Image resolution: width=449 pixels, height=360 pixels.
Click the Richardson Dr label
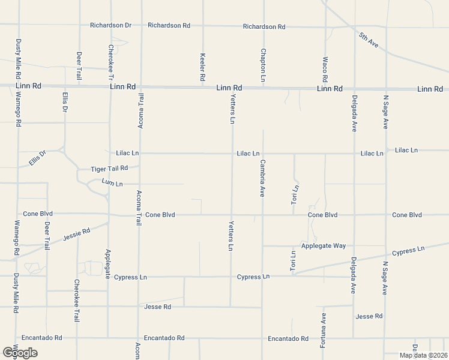coord(110,25)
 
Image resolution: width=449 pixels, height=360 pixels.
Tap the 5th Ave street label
coord(368,40)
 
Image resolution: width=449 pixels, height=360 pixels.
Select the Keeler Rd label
coord(203,68)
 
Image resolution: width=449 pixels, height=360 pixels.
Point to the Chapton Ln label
coord(263,65)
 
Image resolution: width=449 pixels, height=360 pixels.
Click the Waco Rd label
coord(325,70)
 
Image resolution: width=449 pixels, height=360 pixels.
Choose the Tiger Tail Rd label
coord(109,169)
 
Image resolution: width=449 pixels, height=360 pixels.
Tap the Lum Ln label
coord(112,182)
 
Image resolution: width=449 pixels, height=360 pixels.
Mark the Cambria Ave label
coord(262,178)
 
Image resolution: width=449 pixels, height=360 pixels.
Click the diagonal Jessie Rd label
coord(77,235)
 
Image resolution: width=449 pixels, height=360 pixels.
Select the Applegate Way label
coord(324,246)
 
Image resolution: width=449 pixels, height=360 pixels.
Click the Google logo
coord(20,353)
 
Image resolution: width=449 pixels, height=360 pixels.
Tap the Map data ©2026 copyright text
coord(423,355)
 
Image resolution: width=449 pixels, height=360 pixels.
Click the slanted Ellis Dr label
coord(37,158)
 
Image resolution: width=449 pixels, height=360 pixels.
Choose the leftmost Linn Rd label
coord(29,86)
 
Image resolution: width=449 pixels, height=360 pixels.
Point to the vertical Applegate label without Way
coord(108,264)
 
